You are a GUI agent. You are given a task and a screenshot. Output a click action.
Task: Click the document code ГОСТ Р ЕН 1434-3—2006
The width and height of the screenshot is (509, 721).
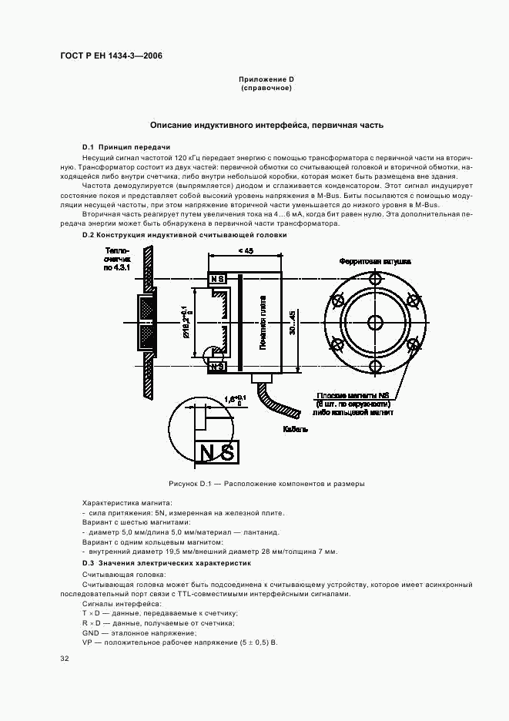(110, 56)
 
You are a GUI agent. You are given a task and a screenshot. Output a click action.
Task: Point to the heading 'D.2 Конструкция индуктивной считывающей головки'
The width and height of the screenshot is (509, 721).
(184, 235)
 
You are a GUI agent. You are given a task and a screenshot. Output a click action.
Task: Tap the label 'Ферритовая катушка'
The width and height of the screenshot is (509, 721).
(374, 262)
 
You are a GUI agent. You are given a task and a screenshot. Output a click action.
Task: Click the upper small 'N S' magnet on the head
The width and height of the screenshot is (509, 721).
(217, 278)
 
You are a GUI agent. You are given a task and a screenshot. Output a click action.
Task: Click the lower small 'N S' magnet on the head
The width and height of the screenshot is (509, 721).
(217, 367)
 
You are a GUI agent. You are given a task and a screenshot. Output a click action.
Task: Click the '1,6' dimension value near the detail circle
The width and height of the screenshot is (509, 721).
(229, 398)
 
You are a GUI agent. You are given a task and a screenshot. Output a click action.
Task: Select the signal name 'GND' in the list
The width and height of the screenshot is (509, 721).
(91, 632)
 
